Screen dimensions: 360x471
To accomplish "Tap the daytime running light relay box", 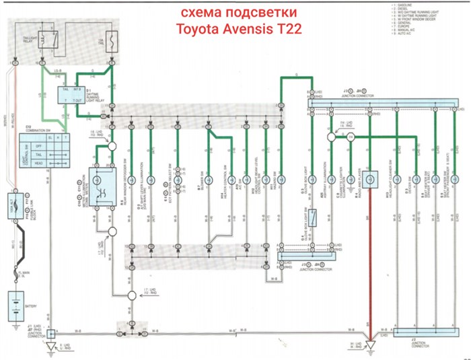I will tap(77, 95).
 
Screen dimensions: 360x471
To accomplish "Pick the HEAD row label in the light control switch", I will tap(38, 161).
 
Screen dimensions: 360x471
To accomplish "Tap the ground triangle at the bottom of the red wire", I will tap(369, 346).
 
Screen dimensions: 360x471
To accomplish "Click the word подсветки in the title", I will tap(259, 13).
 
